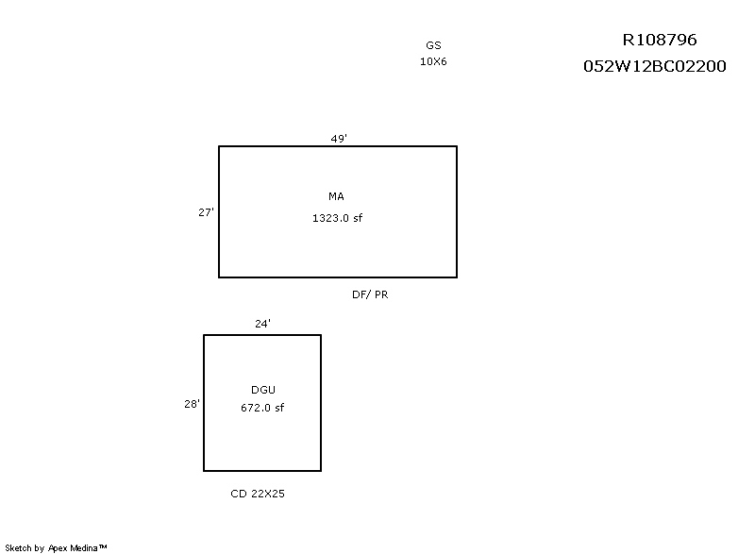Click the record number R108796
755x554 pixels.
tap(660, 40)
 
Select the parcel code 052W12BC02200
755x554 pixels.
tap(655, 66)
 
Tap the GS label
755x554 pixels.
tap(433, 45)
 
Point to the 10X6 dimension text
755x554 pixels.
tap(433, 61)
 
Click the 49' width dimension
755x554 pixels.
tap(339, 139)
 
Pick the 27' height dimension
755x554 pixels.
tap(206, 212)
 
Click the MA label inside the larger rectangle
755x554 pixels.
tap(336, 196)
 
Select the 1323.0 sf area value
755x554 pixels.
tap(337, 218)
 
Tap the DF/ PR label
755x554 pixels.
tap(370, 294)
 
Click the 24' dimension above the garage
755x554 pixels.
tap(263, 324)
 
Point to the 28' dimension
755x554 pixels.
tap(193, 404)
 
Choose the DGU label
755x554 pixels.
tap(263, 390)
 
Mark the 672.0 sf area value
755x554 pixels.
tap(262, 408)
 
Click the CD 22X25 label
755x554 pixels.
tap(258, 494)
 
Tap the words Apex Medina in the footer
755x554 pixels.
tap(74, 548)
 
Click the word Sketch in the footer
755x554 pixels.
tap(18, 547)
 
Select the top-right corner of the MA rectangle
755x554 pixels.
tap(457, 146)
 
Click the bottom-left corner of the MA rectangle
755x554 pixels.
tap(219, 277)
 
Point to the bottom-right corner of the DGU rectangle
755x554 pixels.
tap(321, 470)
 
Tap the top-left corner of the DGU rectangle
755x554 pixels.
tap(204, 335)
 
